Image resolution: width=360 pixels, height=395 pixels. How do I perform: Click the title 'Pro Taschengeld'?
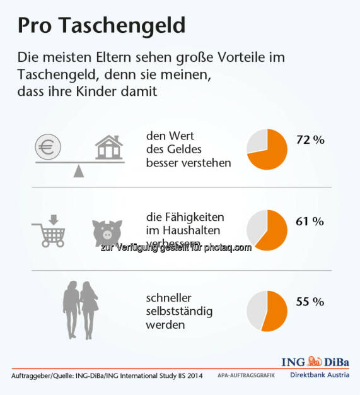click(x=101, y=25)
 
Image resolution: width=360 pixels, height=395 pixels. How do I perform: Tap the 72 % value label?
click(x=310, y=139)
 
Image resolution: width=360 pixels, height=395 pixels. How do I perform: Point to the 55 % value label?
click(x=310, y=302)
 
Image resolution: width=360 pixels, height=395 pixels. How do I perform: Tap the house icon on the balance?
click(x=109, y=148)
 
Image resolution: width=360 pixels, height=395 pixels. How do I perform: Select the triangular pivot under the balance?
click(x=78, y=172)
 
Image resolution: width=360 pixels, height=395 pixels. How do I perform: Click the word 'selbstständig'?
click(x=179, y=311)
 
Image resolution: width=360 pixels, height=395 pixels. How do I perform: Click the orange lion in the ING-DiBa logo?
click(x=315, y=362)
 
